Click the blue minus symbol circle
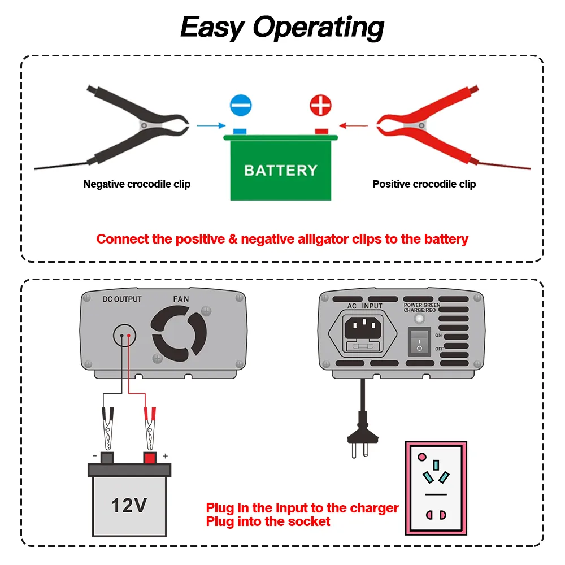coord(241,106)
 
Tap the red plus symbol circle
coord(321,106)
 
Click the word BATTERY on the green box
coord(281,170)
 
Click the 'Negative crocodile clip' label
coord(137,184)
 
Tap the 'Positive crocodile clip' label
coord(424,184)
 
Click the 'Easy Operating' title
coord(282,27)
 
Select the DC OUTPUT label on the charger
coord(122,299)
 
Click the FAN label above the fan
coord(181,299)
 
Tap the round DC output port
coord(125,336)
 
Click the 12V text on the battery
coord(129,505)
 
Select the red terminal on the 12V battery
coord(150,458)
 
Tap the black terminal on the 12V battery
coord(106,458)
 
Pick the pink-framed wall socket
coord(436,488)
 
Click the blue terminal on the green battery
coord(240,132)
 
